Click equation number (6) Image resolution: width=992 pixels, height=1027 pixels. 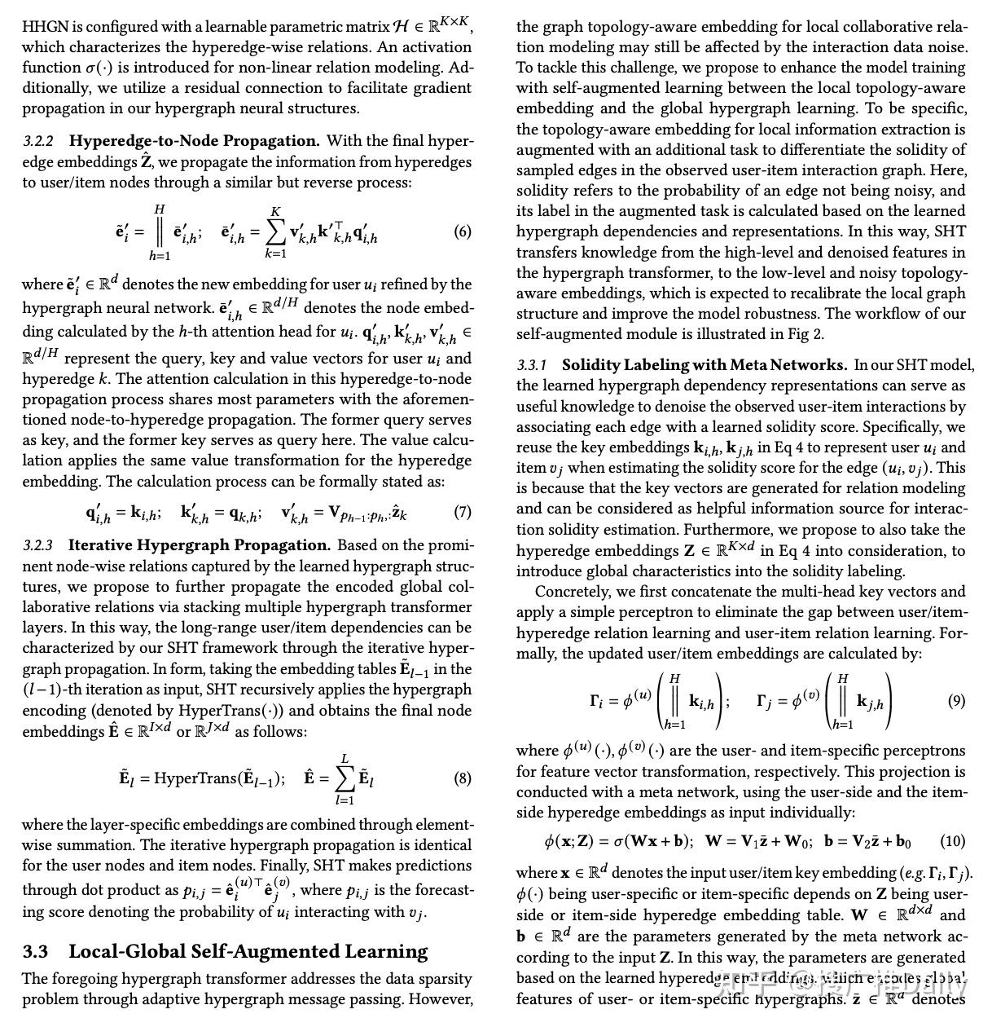[463, 232]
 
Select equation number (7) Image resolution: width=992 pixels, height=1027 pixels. [463, 513]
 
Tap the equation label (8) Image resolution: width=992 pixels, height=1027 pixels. [463, 778]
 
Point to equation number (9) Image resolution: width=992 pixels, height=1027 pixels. [956, 701]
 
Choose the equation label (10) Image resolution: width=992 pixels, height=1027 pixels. [952, 841]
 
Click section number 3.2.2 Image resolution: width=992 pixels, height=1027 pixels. [38, 142]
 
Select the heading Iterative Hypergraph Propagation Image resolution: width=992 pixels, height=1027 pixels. [200, 545]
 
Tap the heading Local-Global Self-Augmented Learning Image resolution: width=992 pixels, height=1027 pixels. [248, 951]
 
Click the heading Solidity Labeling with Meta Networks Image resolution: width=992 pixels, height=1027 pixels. [704, 365]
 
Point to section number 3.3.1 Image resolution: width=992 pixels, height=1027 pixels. [532, 366]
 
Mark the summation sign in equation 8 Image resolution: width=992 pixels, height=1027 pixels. [345, 779]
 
